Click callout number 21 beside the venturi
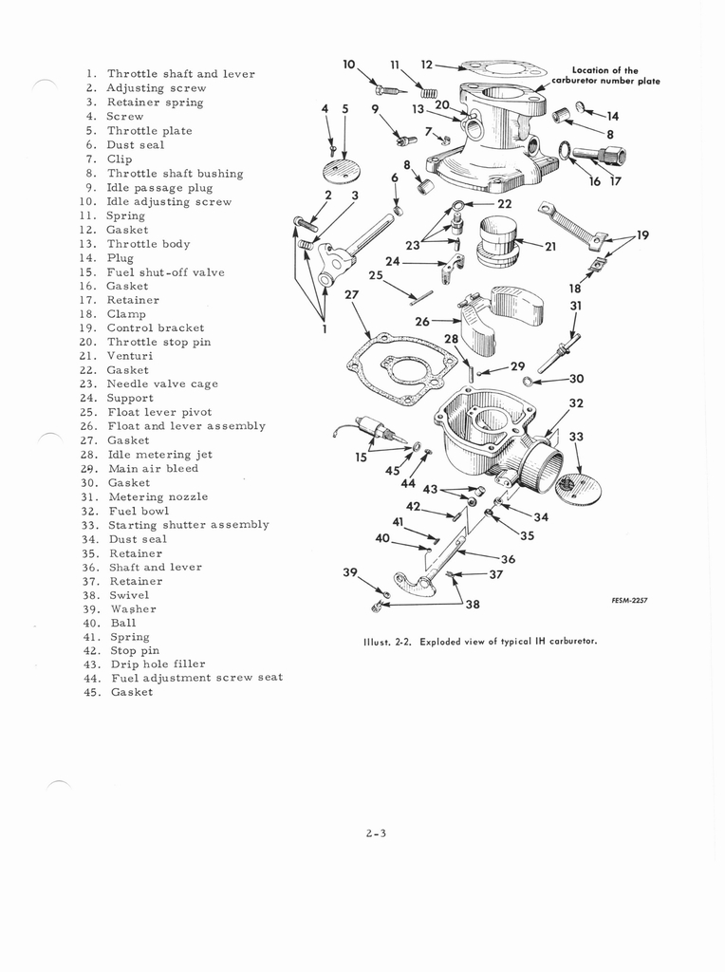[550, 246]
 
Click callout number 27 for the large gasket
[351, 294]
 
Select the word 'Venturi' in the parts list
[129, 356]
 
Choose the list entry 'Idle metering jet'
[159, 455]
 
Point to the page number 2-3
[376, 833]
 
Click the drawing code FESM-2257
[629, 600]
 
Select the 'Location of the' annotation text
[604, 70]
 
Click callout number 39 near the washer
[350, 571]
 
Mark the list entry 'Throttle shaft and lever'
[181, 74]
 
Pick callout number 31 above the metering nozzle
[576, 305]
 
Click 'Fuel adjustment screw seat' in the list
[197, 678]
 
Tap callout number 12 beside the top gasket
[427, 64]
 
